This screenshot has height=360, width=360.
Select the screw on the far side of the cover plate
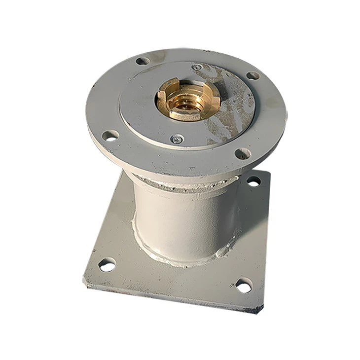pyautogui.click(x=196, y=67)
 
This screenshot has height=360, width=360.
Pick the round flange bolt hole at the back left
pyautogui.click(x=142, y=61)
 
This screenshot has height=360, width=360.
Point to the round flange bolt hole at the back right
pyautogui.click(x=252, y=75)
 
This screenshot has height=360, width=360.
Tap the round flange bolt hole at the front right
pyautogui.click(x=242, y=153)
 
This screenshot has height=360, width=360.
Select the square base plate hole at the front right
pyautogui.click(x=243, y=285)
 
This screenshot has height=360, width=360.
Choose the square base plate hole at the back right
pyautogui.click(x=253, y=181)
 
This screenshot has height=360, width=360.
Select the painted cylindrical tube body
pyautogui.click(x=182, y=222)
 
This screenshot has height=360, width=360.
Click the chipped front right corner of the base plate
pyautogui.click(x=259, y=310)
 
